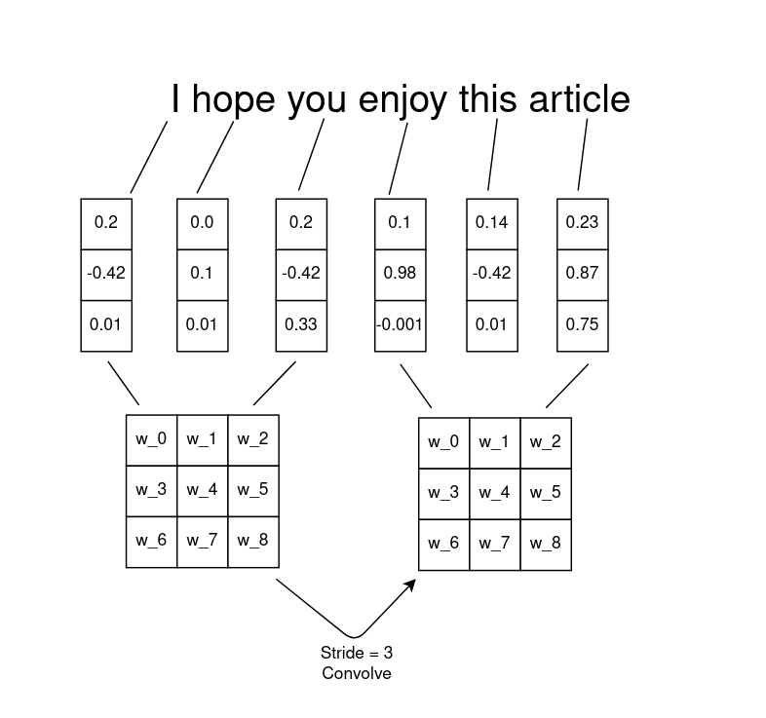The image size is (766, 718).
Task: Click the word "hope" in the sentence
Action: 234,100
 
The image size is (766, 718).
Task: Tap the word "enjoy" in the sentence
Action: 402,100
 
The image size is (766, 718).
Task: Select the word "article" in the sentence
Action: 580,98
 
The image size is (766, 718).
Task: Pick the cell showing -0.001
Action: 401,325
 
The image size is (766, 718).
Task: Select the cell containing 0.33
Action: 301,325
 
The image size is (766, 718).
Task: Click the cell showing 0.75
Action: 583,325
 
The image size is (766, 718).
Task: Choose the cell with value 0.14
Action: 492,224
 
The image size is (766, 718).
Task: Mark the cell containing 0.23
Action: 583,224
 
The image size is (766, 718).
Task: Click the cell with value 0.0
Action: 203,224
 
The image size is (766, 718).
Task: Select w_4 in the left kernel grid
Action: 203,491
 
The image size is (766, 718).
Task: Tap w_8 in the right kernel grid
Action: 546,545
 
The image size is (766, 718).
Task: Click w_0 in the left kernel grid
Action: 151,440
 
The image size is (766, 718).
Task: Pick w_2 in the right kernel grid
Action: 546,443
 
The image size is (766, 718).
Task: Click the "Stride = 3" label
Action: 357,653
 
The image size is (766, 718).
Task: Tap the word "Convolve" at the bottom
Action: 357,673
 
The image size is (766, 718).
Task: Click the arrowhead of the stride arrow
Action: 411,585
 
